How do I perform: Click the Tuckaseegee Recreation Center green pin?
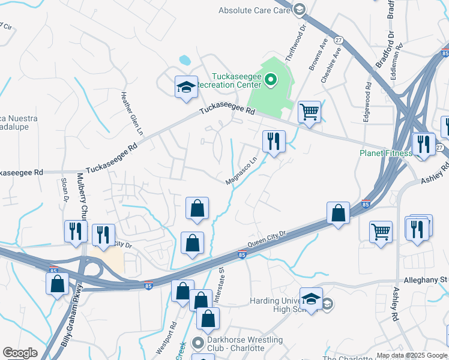271,79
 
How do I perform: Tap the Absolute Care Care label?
255,10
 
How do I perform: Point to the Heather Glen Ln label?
134,112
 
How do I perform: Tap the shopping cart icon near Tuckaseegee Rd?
309,111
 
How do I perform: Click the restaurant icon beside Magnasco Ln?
274,142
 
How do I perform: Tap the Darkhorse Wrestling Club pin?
197,343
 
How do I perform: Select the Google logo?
20,353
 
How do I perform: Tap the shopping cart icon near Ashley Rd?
381,231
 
